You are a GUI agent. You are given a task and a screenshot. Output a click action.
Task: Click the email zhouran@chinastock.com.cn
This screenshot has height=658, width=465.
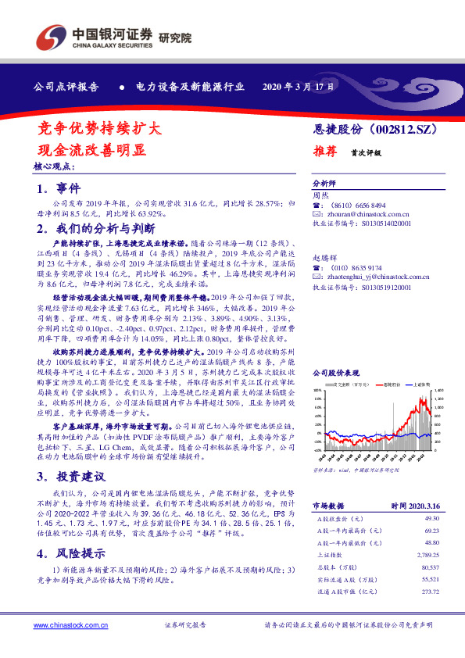pyautogui.click(x=363, y=213)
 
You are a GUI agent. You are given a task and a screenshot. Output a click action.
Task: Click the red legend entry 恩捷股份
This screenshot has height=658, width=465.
pyautogui.click(x=392, y=385)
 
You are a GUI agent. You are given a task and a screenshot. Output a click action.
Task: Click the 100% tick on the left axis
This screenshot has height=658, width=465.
pyautogui.click(x=318, y=389)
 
